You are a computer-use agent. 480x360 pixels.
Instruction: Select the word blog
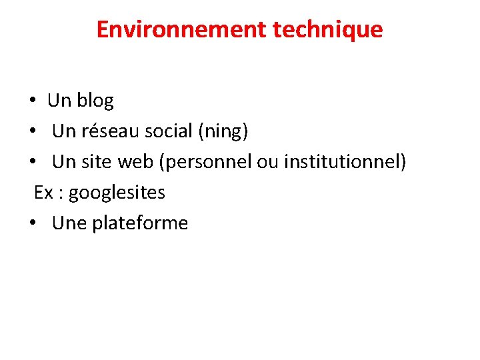(x=95, y=101)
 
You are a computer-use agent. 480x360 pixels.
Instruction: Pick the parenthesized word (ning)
(x=223, y=131)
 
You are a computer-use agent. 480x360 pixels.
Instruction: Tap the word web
(x=136, y=162)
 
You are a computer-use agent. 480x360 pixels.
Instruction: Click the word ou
(x=268, y=162)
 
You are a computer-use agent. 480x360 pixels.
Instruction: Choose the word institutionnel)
(x=345, y=162)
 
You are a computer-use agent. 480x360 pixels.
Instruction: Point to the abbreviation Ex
(x=43, y=193)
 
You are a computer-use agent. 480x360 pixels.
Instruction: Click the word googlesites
(x=117, y=193)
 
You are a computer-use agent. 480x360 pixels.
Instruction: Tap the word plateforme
(x=140, y=223)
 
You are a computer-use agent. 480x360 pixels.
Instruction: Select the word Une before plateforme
(x=69, y=223)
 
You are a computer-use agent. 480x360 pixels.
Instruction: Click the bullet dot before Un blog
(x=32, y=101)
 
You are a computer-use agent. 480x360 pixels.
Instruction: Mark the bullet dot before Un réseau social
(x=32, y=132)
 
